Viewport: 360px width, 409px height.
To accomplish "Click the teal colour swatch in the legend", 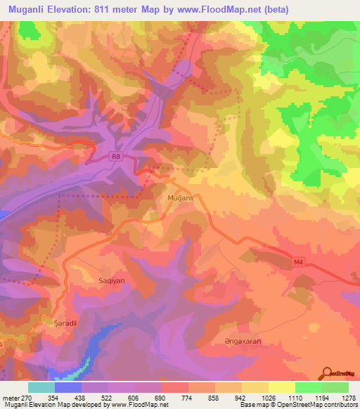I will [x=41, y=387].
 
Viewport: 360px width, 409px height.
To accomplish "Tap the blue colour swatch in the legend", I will [x=68, y=387].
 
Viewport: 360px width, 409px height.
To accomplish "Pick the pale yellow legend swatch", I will [x=281, y=387].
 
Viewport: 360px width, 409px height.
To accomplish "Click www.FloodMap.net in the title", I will [x=218, y=8].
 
